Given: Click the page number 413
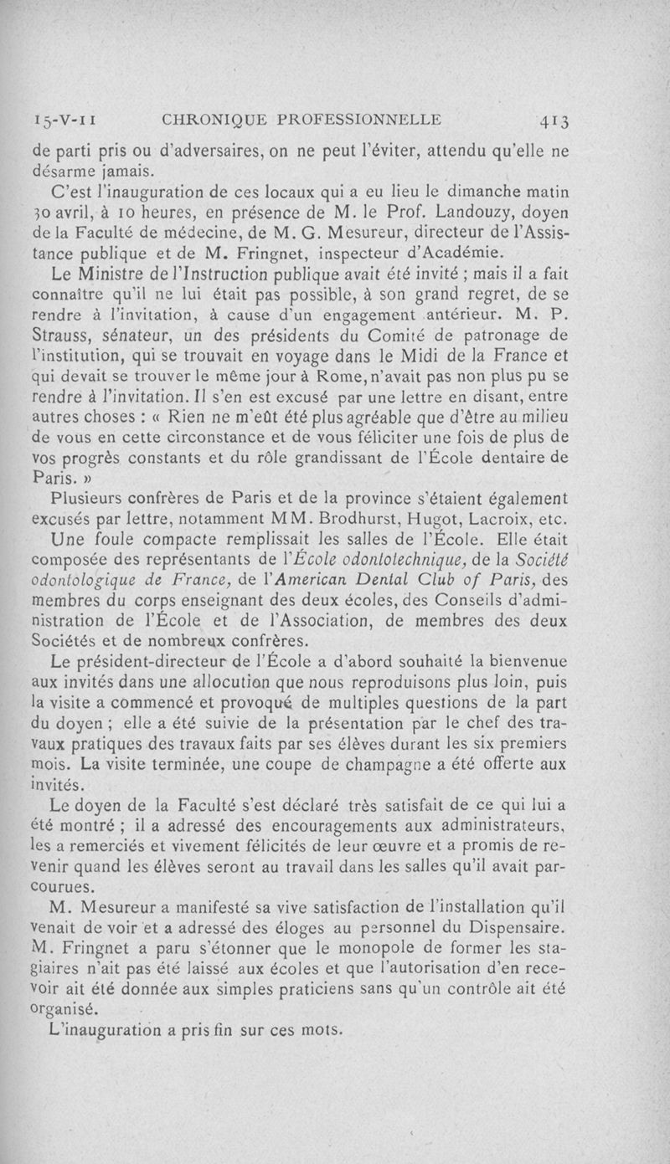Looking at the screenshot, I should (553, 120).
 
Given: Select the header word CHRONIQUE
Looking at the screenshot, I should (219, 119).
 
